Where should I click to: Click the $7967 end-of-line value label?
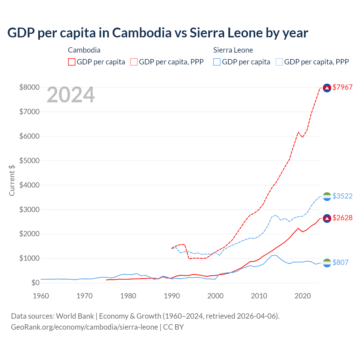[342, 87]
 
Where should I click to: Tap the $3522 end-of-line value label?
[342, 196]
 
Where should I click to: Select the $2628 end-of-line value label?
[342, 218]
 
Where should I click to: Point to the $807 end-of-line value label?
[340, 262]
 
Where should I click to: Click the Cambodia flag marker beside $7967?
[327, 88]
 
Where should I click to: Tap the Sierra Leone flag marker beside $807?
[327, 263]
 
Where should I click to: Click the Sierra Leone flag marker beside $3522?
[327, 197]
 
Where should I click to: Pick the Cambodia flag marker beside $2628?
[327, 219]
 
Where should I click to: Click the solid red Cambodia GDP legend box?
[72, 62]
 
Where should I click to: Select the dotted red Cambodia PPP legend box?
[134, 62]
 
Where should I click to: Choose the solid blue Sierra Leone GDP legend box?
[217, 62]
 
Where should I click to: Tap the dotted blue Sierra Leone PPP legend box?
[279, 62]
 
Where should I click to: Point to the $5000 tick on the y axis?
[29, 161]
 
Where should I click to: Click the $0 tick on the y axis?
[35, 283]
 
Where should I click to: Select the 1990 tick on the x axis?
[172, 296]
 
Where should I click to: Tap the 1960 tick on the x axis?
[41, 296]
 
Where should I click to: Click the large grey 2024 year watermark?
[71, 95]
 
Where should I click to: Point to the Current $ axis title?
[12, 180]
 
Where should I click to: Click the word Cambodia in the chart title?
[142, 33]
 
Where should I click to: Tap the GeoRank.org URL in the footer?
[84, 327]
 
